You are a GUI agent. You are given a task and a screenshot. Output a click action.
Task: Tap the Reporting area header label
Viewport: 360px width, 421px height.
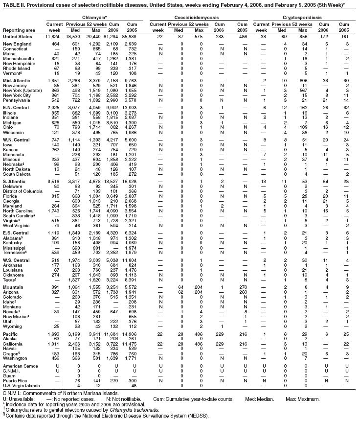pyautogui.click(x=18, y=29)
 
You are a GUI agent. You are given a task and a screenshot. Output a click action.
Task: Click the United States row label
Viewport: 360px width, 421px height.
pyautogui.click(x=17, y=36)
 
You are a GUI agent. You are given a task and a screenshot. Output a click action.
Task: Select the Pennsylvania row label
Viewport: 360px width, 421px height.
pyautogui.click(x=17, y=100)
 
